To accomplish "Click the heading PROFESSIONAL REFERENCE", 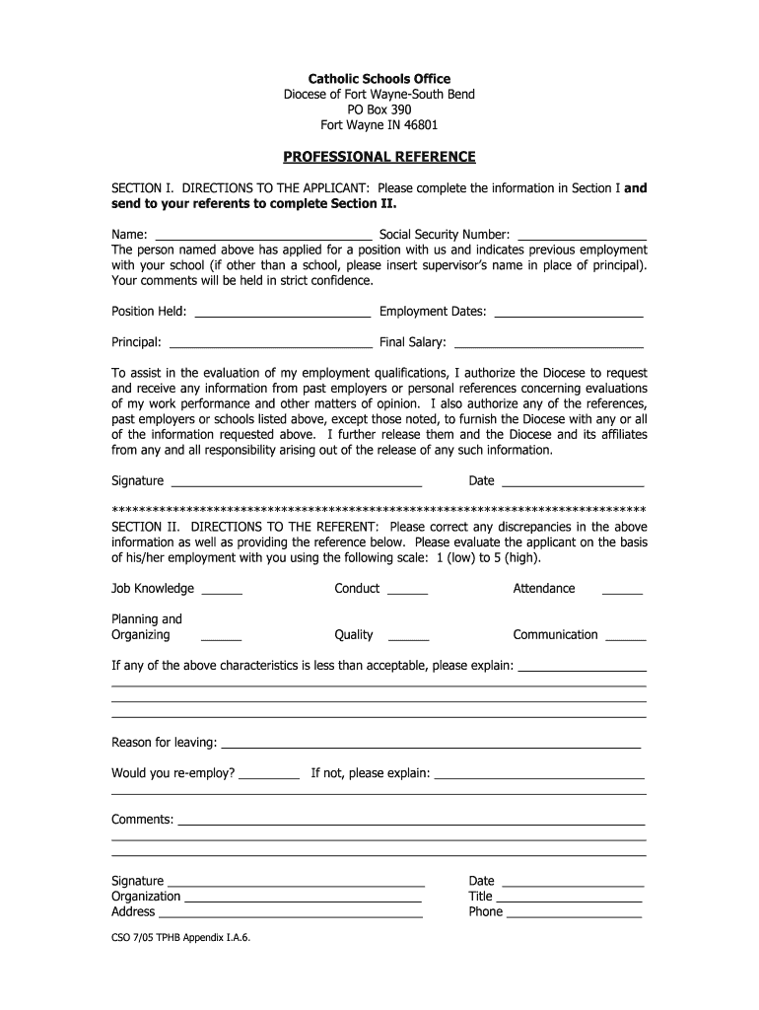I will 379,157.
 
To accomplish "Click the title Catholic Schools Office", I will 379,79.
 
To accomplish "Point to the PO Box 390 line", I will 379,109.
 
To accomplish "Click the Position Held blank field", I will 282,314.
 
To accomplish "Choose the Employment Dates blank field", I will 568,314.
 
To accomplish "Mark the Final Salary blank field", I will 548,345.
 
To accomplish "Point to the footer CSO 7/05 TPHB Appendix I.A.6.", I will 181,940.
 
